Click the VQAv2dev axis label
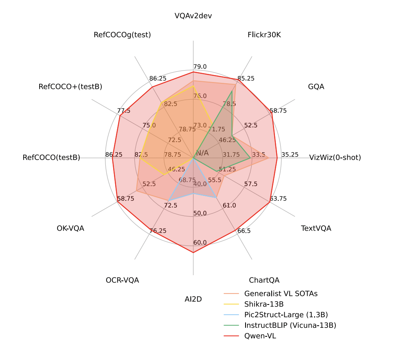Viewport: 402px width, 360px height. pos(193,16)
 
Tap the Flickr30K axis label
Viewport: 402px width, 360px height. pos(264,35)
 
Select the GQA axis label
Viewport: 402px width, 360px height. pos(316,87)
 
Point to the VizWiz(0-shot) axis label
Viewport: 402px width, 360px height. pos(335,157)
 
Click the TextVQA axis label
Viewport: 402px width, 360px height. pos(316,228)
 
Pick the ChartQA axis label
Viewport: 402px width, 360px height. pos(264,280)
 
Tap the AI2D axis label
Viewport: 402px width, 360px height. pos(193,299)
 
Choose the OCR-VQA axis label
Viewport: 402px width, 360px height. pos(122,280)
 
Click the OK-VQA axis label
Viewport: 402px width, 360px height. pos(70,228)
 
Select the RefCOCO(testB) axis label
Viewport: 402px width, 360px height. pos(51,157)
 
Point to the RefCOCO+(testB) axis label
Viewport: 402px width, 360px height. pos(70,87)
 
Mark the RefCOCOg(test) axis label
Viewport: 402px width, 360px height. pos(122,35)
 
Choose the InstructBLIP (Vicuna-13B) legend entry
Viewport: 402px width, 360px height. pos(290,325)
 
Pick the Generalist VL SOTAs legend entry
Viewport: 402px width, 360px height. pos(281,293)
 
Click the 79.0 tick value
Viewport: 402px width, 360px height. pos(200,67)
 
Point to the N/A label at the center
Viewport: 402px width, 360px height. pos(203,153)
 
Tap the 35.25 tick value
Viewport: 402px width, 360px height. pos(290,154)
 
